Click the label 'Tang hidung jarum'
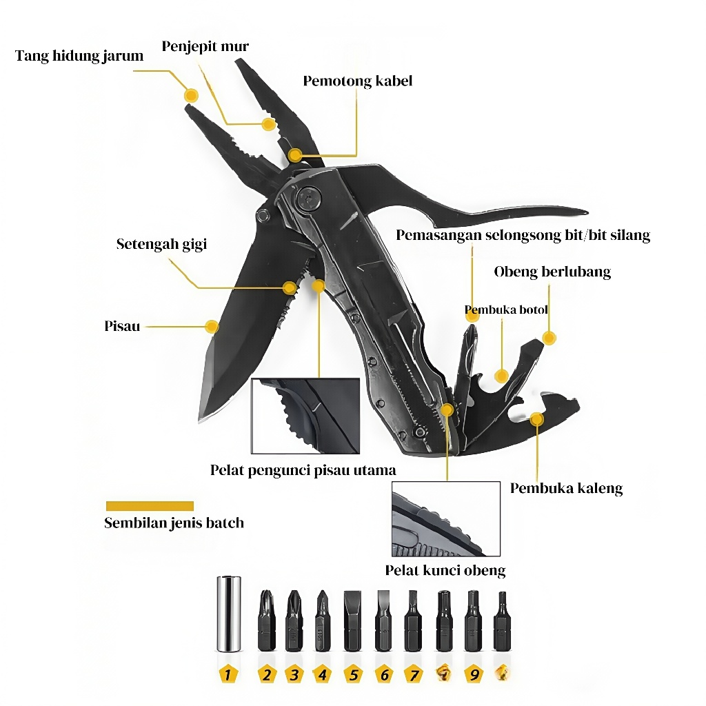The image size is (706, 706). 79,56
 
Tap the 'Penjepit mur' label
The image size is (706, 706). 205,46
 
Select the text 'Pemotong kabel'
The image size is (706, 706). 358,81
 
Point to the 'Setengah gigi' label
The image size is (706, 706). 161,244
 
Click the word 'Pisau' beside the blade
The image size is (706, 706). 122,326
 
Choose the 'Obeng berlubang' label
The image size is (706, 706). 552,272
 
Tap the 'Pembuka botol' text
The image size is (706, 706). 506,310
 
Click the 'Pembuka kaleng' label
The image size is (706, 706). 567,489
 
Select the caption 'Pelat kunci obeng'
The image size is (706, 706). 445,570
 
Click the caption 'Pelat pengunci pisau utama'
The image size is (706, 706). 303,470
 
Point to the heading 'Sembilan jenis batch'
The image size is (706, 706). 174,523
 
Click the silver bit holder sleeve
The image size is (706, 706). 229,614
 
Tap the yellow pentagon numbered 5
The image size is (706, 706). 354,675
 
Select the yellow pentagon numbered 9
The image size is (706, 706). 474,675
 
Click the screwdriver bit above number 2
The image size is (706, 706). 267,621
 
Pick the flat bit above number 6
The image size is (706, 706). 383,621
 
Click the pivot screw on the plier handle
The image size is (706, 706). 309,199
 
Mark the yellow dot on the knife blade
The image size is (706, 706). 212,326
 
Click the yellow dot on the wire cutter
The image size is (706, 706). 295,155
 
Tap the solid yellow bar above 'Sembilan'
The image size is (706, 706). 150,506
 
